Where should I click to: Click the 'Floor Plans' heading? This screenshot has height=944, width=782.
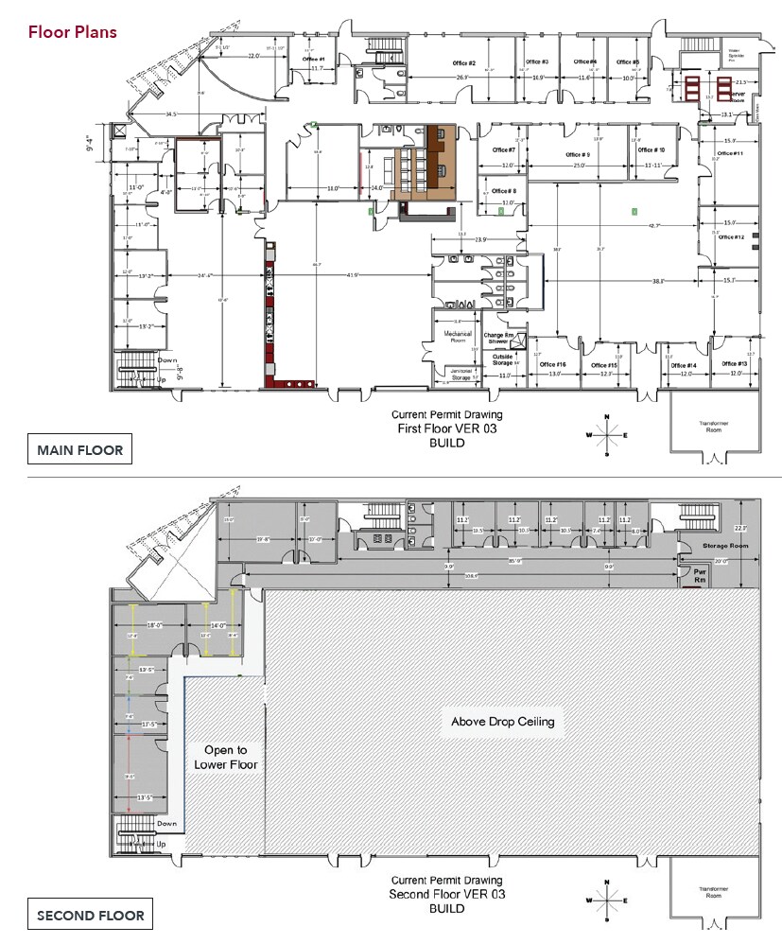pos(73,32)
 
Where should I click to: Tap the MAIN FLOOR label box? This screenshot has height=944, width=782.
pos(79,450)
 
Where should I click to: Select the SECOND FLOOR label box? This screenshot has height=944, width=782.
pos(91,915)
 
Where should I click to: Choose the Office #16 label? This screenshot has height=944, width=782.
pos(552,364)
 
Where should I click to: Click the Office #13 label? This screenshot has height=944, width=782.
pos(735,363)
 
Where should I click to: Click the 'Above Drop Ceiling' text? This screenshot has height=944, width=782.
pos(502,722)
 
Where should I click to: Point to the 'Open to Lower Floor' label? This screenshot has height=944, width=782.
pos(225,758)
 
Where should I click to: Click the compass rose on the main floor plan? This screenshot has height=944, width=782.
pos(606,435)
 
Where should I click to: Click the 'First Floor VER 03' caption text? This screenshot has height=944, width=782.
pos(447,428)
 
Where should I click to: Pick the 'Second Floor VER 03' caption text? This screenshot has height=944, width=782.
pos(446,895)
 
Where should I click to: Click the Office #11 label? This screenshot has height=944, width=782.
pos(730,153)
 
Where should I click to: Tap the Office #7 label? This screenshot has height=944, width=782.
pos(504,149)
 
